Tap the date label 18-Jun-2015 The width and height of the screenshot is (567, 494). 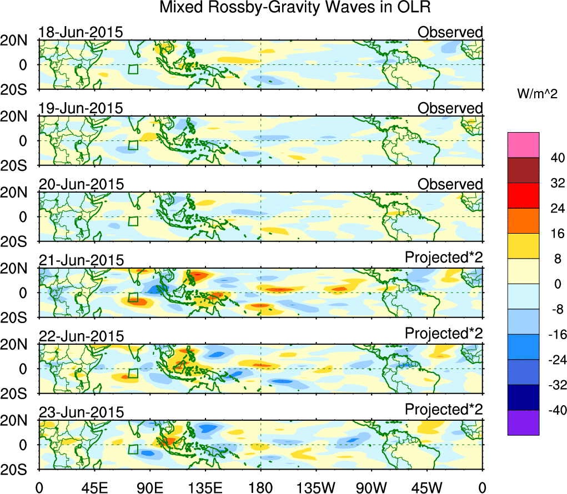[81, 32]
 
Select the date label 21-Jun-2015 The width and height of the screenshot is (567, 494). [81, 260]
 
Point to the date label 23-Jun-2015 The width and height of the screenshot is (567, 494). [81, 412]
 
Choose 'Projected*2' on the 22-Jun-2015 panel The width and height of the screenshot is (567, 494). [444, 336]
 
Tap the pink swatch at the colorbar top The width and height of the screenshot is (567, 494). [523, 145]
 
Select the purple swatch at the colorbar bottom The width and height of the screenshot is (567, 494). [523, 422]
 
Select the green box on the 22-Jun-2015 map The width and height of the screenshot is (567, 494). [133, 373]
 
